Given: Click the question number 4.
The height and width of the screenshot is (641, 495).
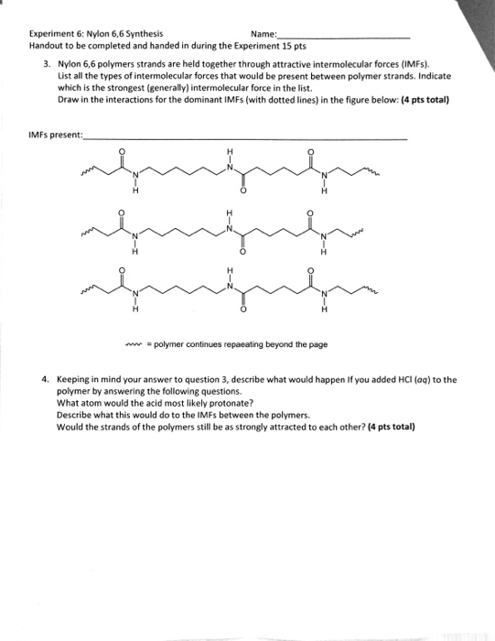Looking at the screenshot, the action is click(x=45, y=377).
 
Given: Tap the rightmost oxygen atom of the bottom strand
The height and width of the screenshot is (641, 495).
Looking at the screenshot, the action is click(x=310, y=270).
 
